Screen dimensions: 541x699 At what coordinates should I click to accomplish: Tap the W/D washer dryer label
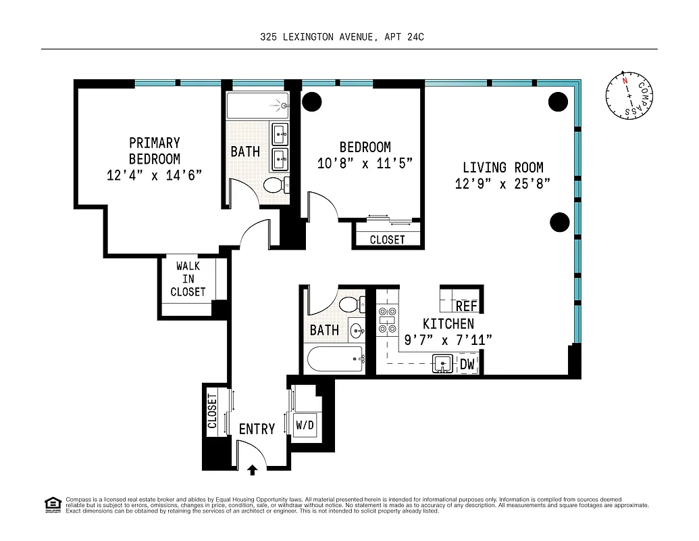coord(305,425)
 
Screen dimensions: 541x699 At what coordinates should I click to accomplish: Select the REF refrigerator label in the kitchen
coord(466,306)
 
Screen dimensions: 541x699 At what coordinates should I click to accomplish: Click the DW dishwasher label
coord(467,364)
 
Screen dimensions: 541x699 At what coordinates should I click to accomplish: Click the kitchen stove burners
coord(387,321)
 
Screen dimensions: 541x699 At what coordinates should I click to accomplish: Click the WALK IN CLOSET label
coord(188,279)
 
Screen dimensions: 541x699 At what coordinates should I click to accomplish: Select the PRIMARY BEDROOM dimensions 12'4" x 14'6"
coord(155,175)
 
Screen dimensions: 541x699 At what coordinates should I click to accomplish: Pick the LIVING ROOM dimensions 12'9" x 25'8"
coord(502,184)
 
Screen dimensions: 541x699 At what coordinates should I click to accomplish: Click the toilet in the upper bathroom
coord(276,184)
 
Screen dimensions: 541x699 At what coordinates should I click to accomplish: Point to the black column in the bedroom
coord(311,101)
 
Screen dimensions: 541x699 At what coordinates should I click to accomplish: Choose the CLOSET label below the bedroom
coord(388,239)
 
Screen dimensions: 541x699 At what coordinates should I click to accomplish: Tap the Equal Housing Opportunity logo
coord(52,504)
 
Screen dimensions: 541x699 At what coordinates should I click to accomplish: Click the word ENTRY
coord(257,429)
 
